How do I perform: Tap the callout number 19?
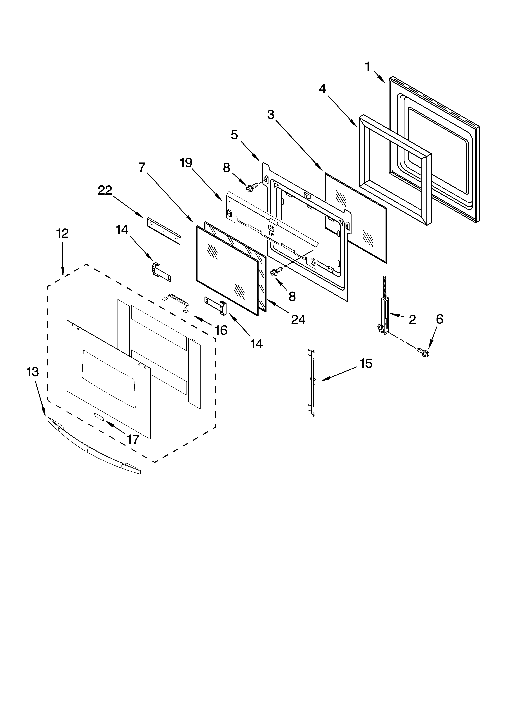186,163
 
